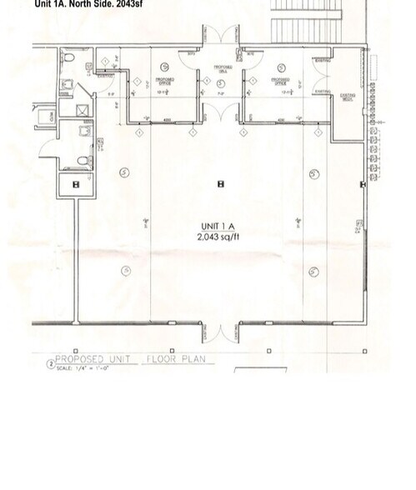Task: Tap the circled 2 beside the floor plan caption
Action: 50,364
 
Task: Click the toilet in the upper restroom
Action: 70,57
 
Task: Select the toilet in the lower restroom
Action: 83,160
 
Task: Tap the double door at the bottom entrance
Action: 221,333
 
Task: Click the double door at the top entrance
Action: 221,37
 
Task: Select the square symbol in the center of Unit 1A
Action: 221,184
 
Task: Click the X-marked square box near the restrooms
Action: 83,109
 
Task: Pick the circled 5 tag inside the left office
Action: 164,65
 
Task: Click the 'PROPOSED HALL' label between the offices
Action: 222,68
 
